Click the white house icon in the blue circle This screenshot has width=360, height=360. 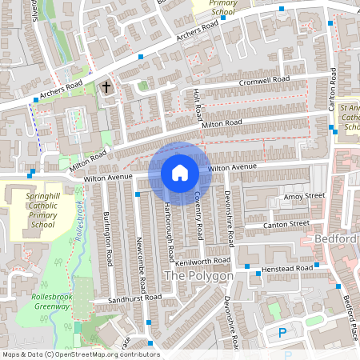pos(180,172)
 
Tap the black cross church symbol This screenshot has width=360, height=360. pos(106,86)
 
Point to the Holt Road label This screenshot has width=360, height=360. pos(196,102)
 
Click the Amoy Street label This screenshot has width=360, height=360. pos(304,196)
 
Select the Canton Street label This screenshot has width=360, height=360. pos(287,224)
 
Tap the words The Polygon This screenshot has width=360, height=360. pos(198,276)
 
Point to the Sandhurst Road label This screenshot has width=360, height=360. pos(135,298)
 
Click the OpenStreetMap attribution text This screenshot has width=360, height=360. pos(80,354)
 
